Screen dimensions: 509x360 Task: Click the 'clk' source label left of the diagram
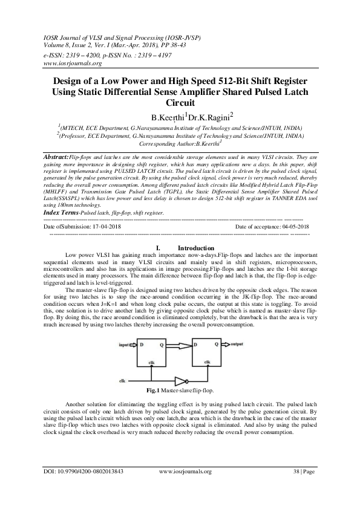122,381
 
